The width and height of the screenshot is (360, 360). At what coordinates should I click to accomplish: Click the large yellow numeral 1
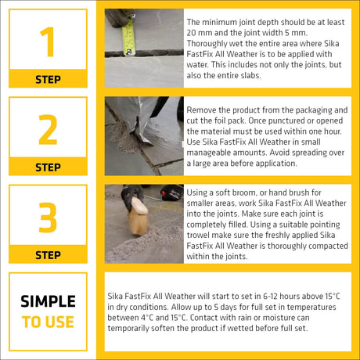pos(49,41)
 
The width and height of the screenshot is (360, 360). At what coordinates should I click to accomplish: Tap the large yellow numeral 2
pos(48,129)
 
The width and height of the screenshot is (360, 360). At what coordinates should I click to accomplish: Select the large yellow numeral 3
pos(48,218)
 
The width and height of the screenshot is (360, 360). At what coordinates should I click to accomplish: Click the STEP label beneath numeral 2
pos(48,167)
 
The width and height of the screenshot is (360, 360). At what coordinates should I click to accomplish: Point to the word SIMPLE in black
pos(48,301)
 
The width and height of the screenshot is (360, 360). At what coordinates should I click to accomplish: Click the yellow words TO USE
pos(48,322)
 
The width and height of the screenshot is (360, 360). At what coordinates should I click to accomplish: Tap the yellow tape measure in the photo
pos(128,37)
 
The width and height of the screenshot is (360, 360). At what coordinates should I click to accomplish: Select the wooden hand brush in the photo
pos(138,216)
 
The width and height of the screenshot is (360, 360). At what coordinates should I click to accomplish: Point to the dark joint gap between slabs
pos(144,53)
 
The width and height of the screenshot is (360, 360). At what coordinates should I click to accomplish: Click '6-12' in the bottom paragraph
pos(270,297)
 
